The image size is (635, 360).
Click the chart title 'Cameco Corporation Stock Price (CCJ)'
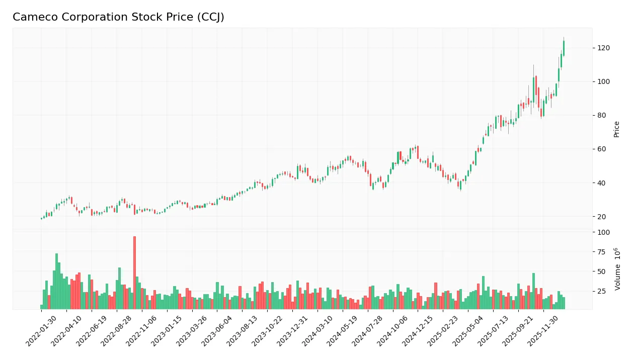click(x=118, y=17)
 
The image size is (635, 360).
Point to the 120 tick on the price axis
click(x=603, y=48)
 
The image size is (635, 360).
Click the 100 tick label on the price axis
click(x=603, y=82)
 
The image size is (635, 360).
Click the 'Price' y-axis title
click(x=616, y=129)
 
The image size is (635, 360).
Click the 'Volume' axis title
click(x=616, y=269)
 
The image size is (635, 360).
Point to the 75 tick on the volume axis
click(x=602, y=252)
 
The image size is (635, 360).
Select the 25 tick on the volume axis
click(x=602, y=292)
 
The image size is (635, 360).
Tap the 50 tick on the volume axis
click(x=602, y=272)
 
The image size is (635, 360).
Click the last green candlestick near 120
click(x=564, y=48)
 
